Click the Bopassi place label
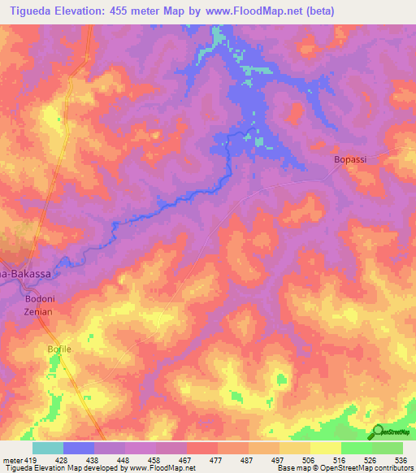click(350, 159)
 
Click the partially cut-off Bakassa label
click(26, 274)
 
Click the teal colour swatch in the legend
click(48, 448)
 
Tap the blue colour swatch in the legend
click(79, 448)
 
